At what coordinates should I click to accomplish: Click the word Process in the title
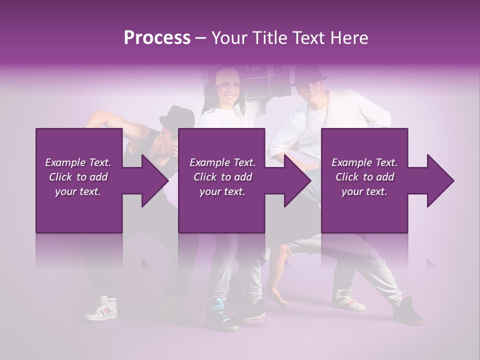point(157,38)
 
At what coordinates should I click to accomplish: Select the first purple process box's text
point(78,177)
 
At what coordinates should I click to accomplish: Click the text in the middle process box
point(222,177)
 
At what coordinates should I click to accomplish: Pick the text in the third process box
point(364,177)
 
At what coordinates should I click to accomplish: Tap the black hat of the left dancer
point(177,117)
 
